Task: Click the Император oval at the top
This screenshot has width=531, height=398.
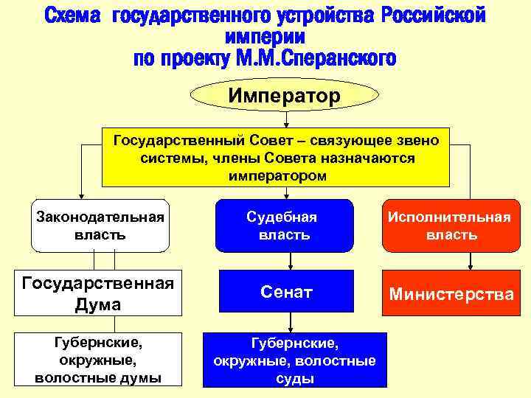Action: pyautogui.click(x=285, y=95)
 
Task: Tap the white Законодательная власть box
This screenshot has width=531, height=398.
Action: pyautogui.click(x=100, y=226)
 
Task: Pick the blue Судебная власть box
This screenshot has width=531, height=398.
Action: pyautogui.click(x=285, y=226)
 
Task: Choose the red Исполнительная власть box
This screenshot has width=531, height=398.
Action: pyautogui.click(x=451, y=226)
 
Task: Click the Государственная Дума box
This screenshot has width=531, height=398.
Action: pyautogui.click(x=98, y=293)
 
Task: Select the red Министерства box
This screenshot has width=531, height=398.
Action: pyautogui.click(x=451, y=294)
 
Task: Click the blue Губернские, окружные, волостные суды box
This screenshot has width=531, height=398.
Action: pyautogui.click(x=294, y=360)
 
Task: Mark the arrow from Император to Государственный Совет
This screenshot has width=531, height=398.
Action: pyautogui.click(x=285, y=120)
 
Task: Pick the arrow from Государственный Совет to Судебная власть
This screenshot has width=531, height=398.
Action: pyautogui.click(x=285, y=193)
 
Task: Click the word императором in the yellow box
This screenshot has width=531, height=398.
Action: pyautogui.click(x=275, y=177)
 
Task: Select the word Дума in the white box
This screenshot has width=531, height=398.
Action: pyautogui.click(x=99, y=304)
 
